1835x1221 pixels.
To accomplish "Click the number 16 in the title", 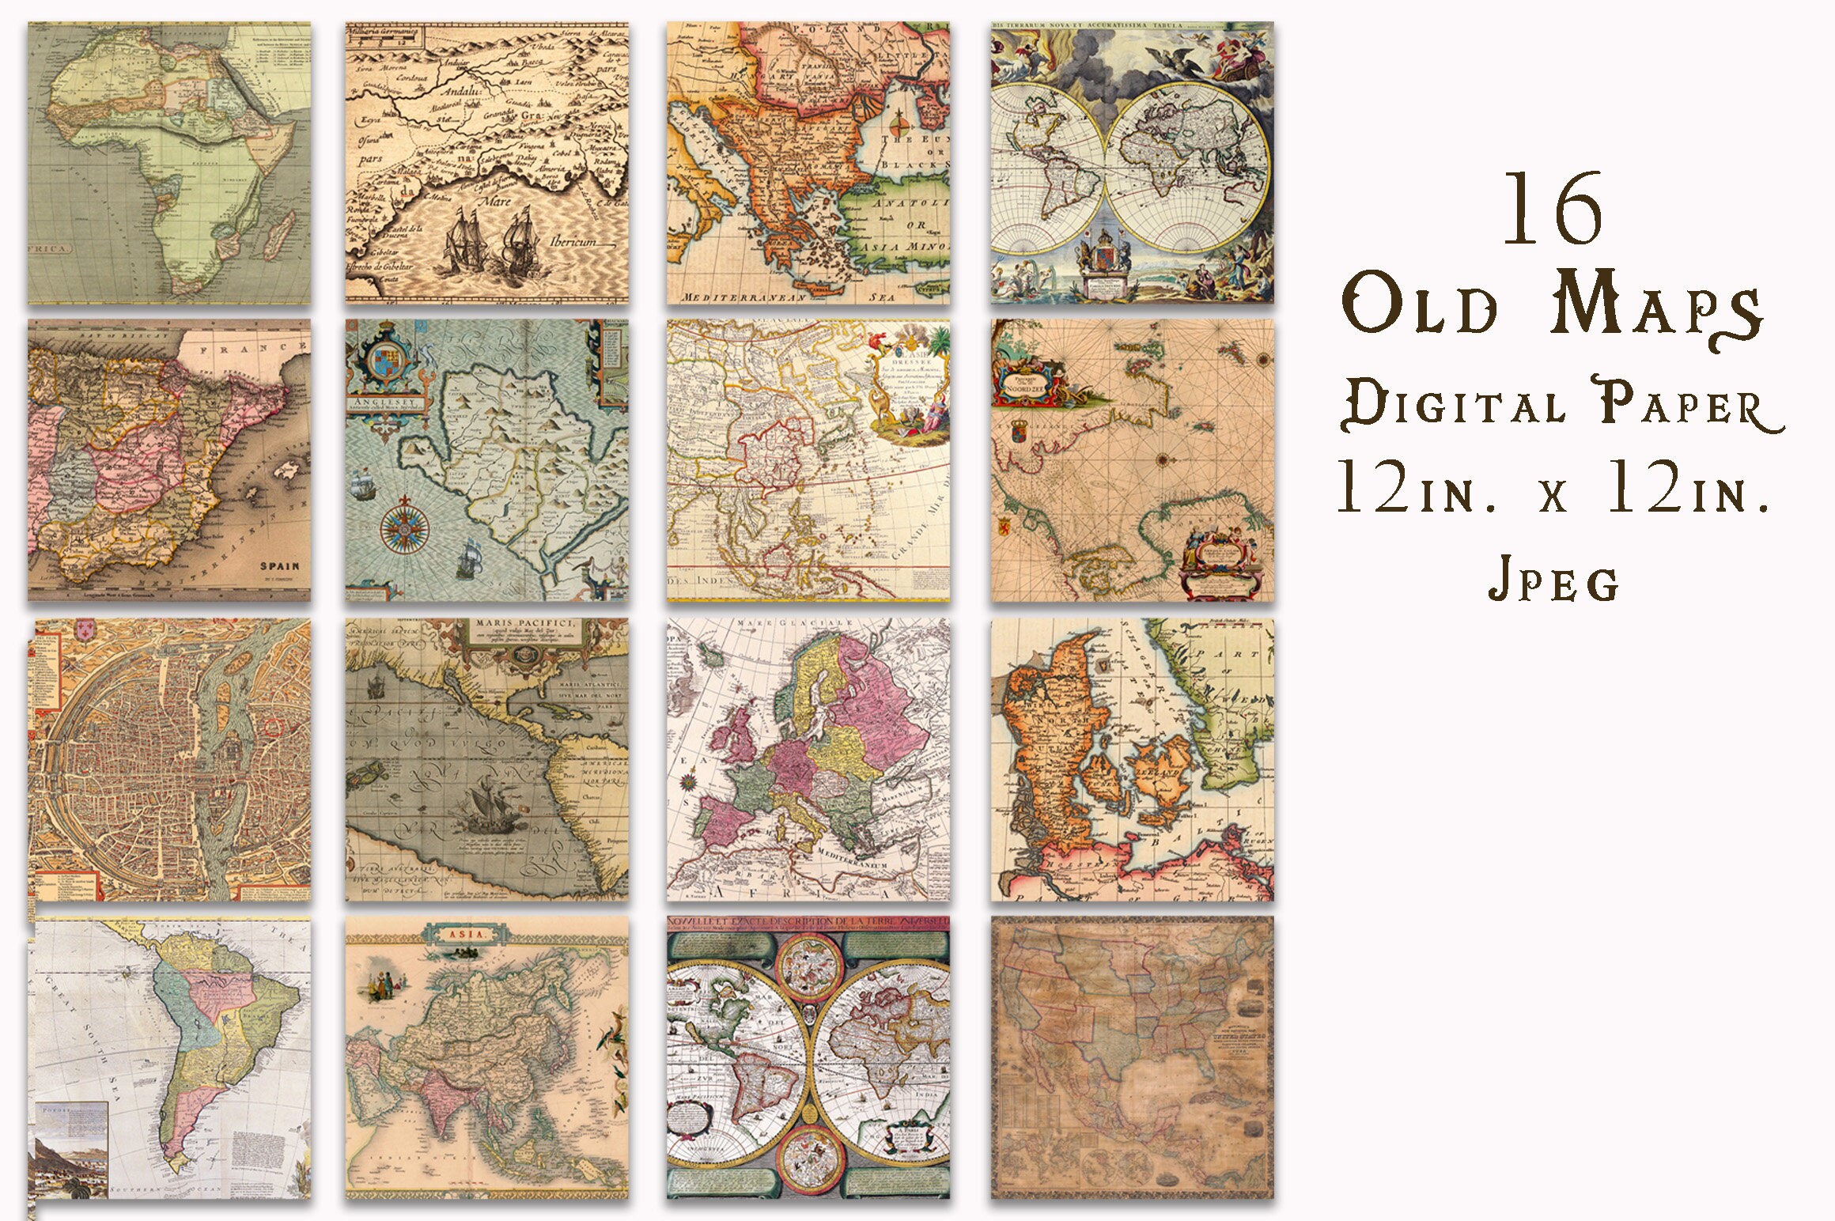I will pyautogui.click(x=1553, y=210).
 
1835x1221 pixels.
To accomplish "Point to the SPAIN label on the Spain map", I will pyautogui.click(x=280, y=566).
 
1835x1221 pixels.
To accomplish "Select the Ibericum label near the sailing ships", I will pyautogui.click(x=573, y=242).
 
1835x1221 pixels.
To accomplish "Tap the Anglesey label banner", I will pyautogui.click(x=384, y=403).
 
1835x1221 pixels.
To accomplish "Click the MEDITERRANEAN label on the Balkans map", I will pyautogui.click(x=743, y=297).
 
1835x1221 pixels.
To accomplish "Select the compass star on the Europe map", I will pyautogui.click(x=690, y=783).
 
